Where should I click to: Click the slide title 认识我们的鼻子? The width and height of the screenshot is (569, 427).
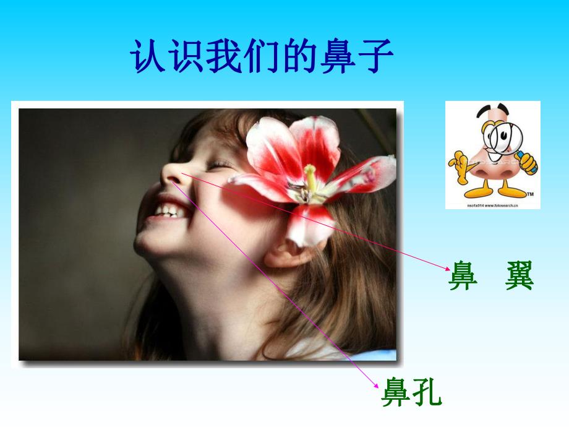262,58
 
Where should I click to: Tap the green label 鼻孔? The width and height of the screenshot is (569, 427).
411,392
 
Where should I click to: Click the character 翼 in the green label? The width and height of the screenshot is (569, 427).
518,275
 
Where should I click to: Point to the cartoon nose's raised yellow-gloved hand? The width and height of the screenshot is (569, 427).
458,162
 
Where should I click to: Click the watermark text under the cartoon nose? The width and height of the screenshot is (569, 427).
493,204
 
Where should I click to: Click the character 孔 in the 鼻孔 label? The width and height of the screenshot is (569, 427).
427,392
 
